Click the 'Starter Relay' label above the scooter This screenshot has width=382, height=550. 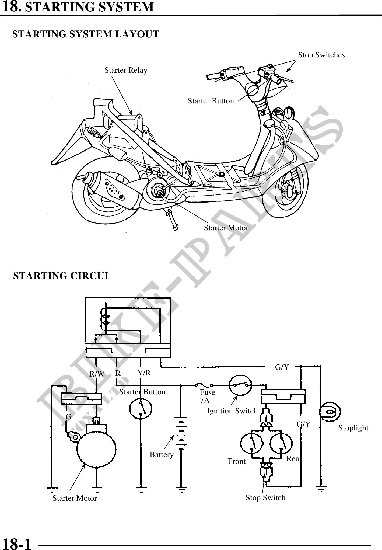pyautogui.click(x=126, y=70)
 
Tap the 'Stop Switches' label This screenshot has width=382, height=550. pyautogui.click(x=321, y=55)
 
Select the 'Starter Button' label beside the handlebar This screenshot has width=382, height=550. pyautogui.click(x=211, y=101)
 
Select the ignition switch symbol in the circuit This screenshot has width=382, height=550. pyautogui.click(x=240, y=385)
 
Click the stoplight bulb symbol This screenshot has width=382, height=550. pyautogui.click(x=330, y=412)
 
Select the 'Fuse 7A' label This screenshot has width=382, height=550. pyautogui.click(x=207, y=396)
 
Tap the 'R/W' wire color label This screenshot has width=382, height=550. pyautogui.click(x=97, y=374)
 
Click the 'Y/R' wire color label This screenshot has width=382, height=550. pyautogui.click(x=144, y=373)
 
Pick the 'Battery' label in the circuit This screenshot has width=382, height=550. pyautogui.click(x=162, y=455)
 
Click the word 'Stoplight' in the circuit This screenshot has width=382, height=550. pyautogui.click(x=353, y=428)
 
